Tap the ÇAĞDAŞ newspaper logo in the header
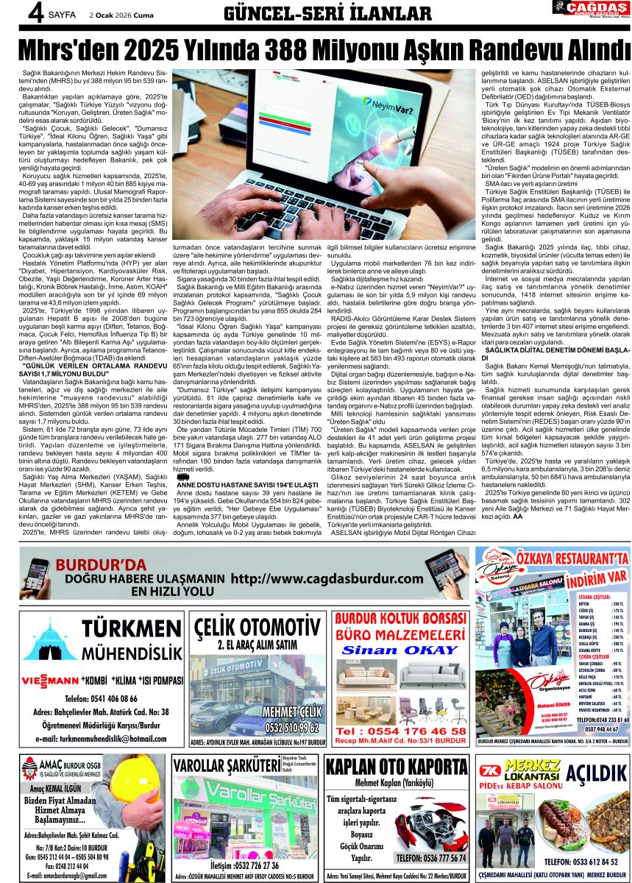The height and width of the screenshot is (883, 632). pyautogui.click(x=589, y=10)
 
